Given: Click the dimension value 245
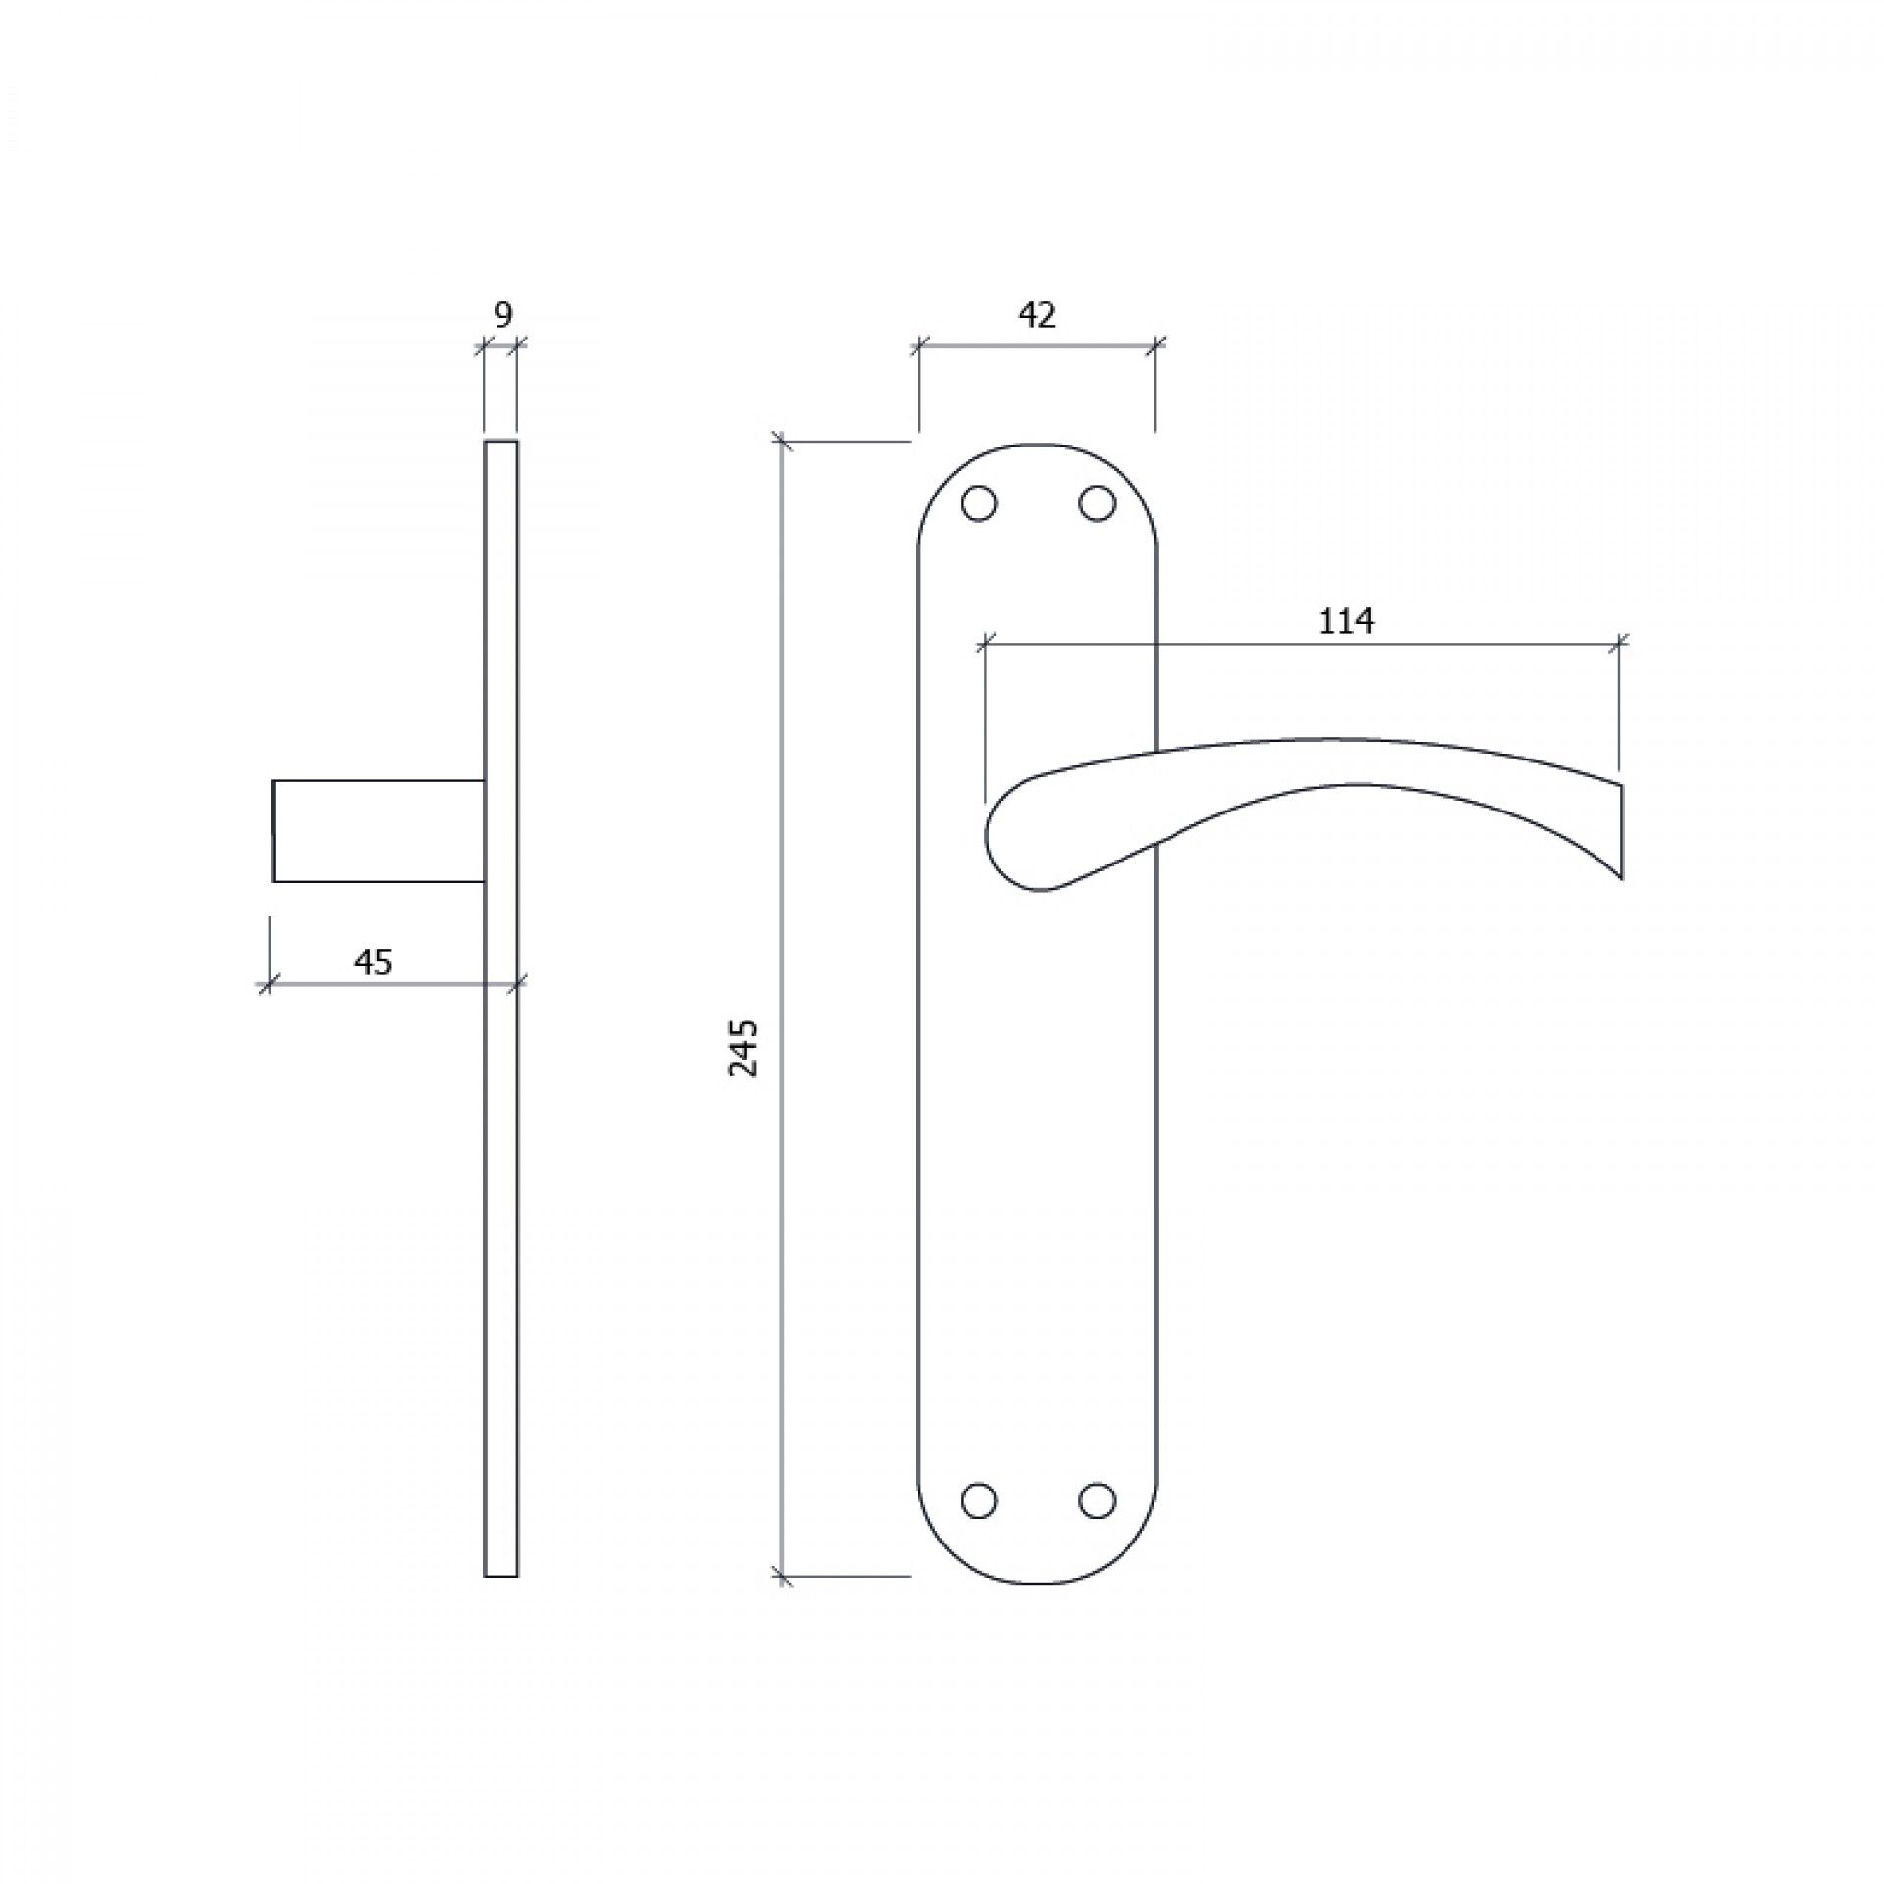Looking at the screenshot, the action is pyautogui.click(x=744, y=1049).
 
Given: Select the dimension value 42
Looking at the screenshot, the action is pyautogui.click(x=1037, y=315).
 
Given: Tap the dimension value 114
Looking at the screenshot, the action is pyautogui.click(x=1345, y=621).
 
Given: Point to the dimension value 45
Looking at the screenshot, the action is pyautogui.click(x=373, y=963).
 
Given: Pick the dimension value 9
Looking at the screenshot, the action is pyautogui.click(x=501, y=315).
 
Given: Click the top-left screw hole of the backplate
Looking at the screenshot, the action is pyautogui.click(x=978, y=503).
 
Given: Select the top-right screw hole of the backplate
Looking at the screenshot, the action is pyautogui.click(x=1097, y=503).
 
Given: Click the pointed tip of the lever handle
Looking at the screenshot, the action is pyautogui.click(x=1620, y=878).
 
